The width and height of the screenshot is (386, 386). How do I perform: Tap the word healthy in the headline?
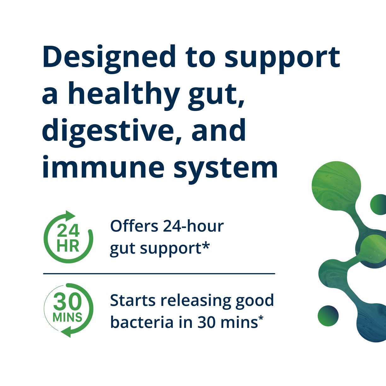tap(123, 94)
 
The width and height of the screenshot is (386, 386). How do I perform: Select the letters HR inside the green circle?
tap(68, 246)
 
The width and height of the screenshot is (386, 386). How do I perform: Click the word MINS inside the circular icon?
tap(67, 317)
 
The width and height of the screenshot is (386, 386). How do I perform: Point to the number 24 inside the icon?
tap(68, 231)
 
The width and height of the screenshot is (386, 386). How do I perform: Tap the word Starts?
tap(132, 301)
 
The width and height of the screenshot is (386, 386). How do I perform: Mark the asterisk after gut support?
tap(206, 247)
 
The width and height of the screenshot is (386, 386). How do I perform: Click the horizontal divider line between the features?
tap(159, 274)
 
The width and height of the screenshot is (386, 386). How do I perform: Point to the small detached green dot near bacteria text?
tap(328, 315)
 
